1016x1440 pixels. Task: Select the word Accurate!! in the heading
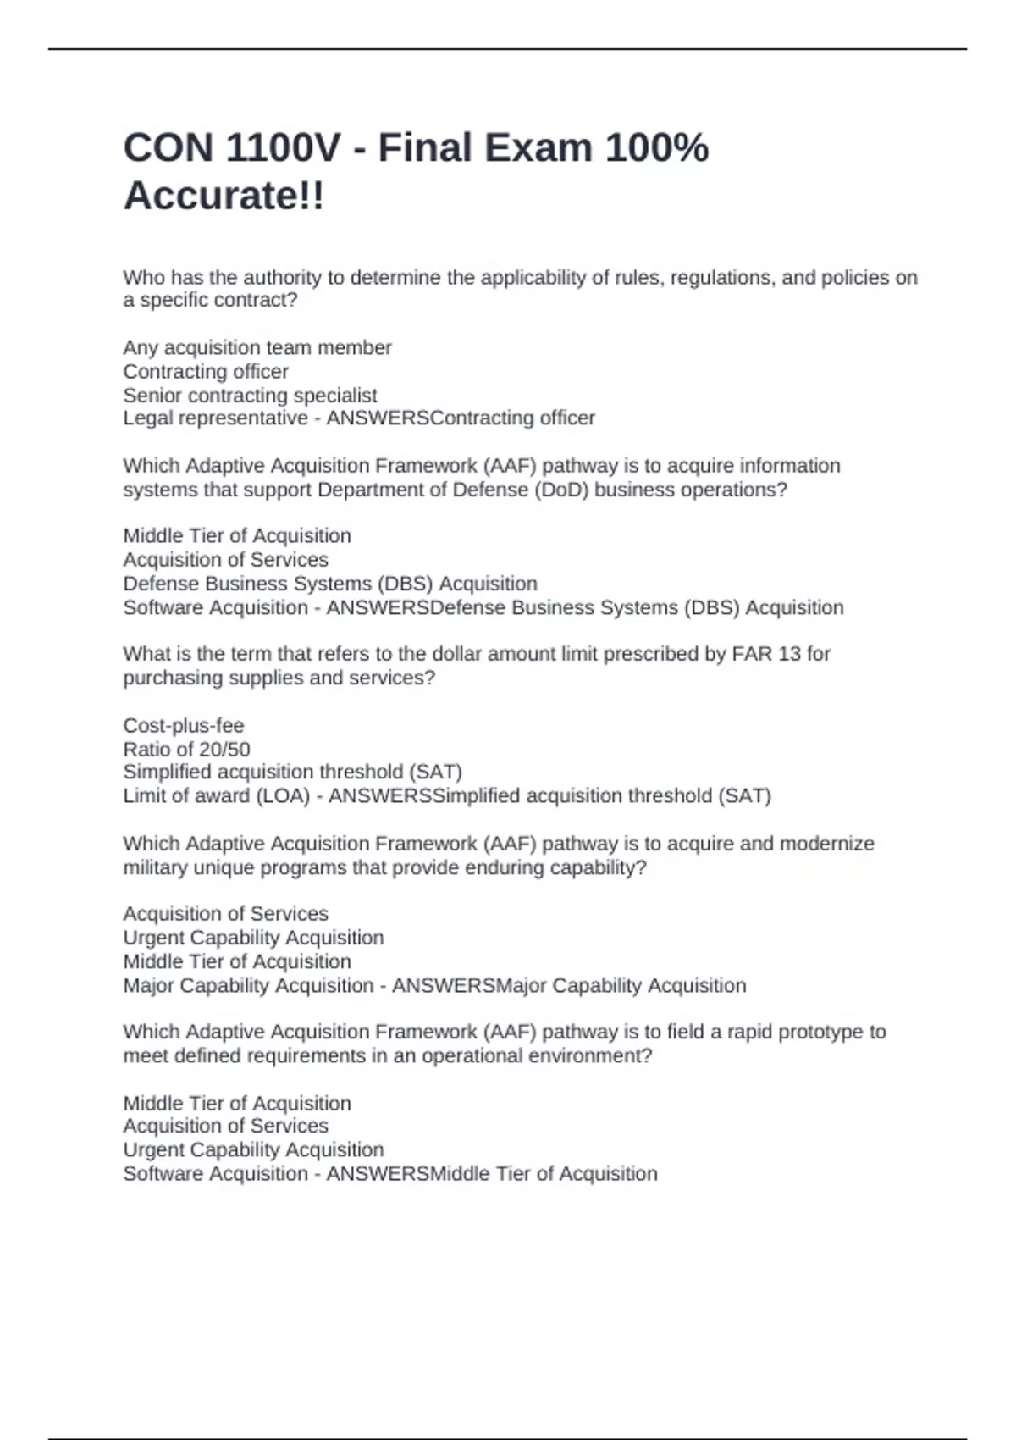pyautogui.click(x=224, y=197)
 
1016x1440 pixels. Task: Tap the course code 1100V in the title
pyautogui.click(x=284, y=148)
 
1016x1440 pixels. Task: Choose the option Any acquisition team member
pyautogui.click(x=257, y=348)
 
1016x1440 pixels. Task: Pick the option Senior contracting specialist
pyautogui.click(x=250, y=396)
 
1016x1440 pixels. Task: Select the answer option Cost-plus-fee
pyautogui.click(x=183, y=726)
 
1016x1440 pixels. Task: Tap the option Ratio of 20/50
pyautogui.click(x=186, y=750)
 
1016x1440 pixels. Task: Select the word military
pyautogui.click(x=156, y=868)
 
